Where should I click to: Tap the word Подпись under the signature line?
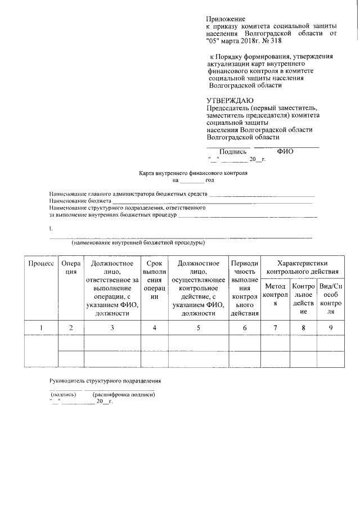[233, 151]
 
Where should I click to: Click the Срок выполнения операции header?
[155, 280]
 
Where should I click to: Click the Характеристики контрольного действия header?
[304, 267]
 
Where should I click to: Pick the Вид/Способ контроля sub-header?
[331, 299]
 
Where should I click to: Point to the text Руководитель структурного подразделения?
[105, 381]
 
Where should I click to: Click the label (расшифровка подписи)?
[123, 395]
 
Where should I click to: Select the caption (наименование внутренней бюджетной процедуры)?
[138, 243]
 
